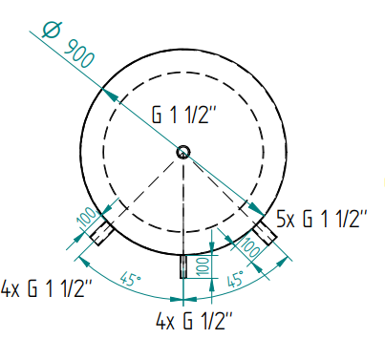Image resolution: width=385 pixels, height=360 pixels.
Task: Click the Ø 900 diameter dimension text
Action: tap(69, 45)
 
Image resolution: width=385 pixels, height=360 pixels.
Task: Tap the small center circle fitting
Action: tap(183, 152)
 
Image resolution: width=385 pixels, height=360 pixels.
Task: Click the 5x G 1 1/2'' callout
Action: tap(322, 219)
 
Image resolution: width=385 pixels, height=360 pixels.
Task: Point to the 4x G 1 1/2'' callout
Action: tap(47, 288)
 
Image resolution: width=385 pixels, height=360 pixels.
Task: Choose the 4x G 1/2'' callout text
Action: tap(194, 322)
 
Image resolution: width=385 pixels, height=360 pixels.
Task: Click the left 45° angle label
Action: tap(131, 281)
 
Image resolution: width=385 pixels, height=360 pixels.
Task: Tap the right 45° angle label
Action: tap(236, 279)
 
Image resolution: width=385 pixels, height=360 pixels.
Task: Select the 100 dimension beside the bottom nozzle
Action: tap(203, 266)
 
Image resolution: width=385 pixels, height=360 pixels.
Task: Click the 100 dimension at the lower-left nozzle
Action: tap(87, 217)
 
